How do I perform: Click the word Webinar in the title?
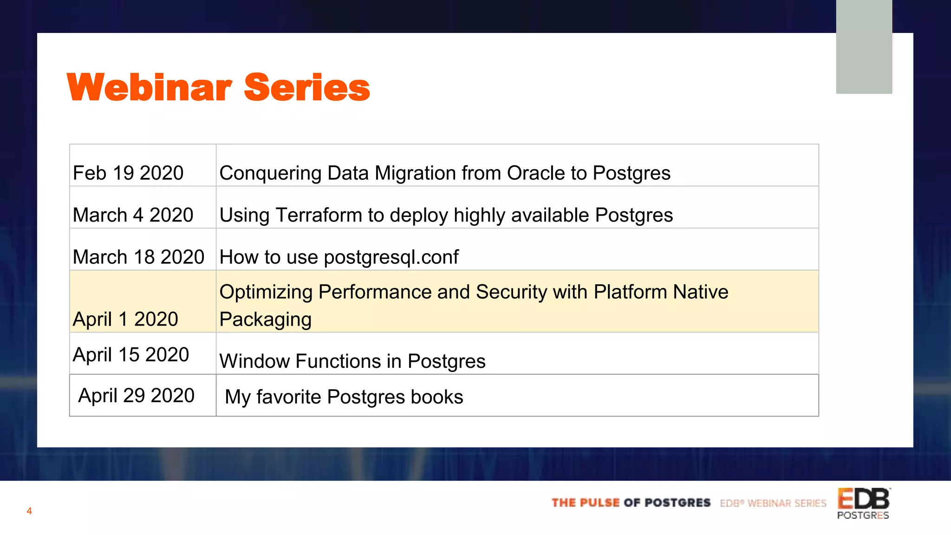(149, 87)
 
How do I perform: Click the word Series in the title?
(306, 87)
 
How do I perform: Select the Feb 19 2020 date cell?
(128, 173)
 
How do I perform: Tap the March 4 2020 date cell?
(133, 215)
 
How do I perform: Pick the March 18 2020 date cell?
(138, 257)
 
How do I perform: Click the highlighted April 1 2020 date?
(125, 319)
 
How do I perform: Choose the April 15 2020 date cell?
(131, 355)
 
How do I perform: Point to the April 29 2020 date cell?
(136, 396)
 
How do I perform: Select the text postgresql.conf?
(391, 257)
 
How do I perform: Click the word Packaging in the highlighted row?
(265, 320)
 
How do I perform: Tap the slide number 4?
(29, 511)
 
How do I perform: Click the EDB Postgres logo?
(863, 503)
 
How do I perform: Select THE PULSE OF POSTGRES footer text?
(631, 503)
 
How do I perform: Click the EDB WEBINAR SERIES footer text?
(773, 503)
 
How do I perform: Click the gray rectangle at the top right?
(864, 46)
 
